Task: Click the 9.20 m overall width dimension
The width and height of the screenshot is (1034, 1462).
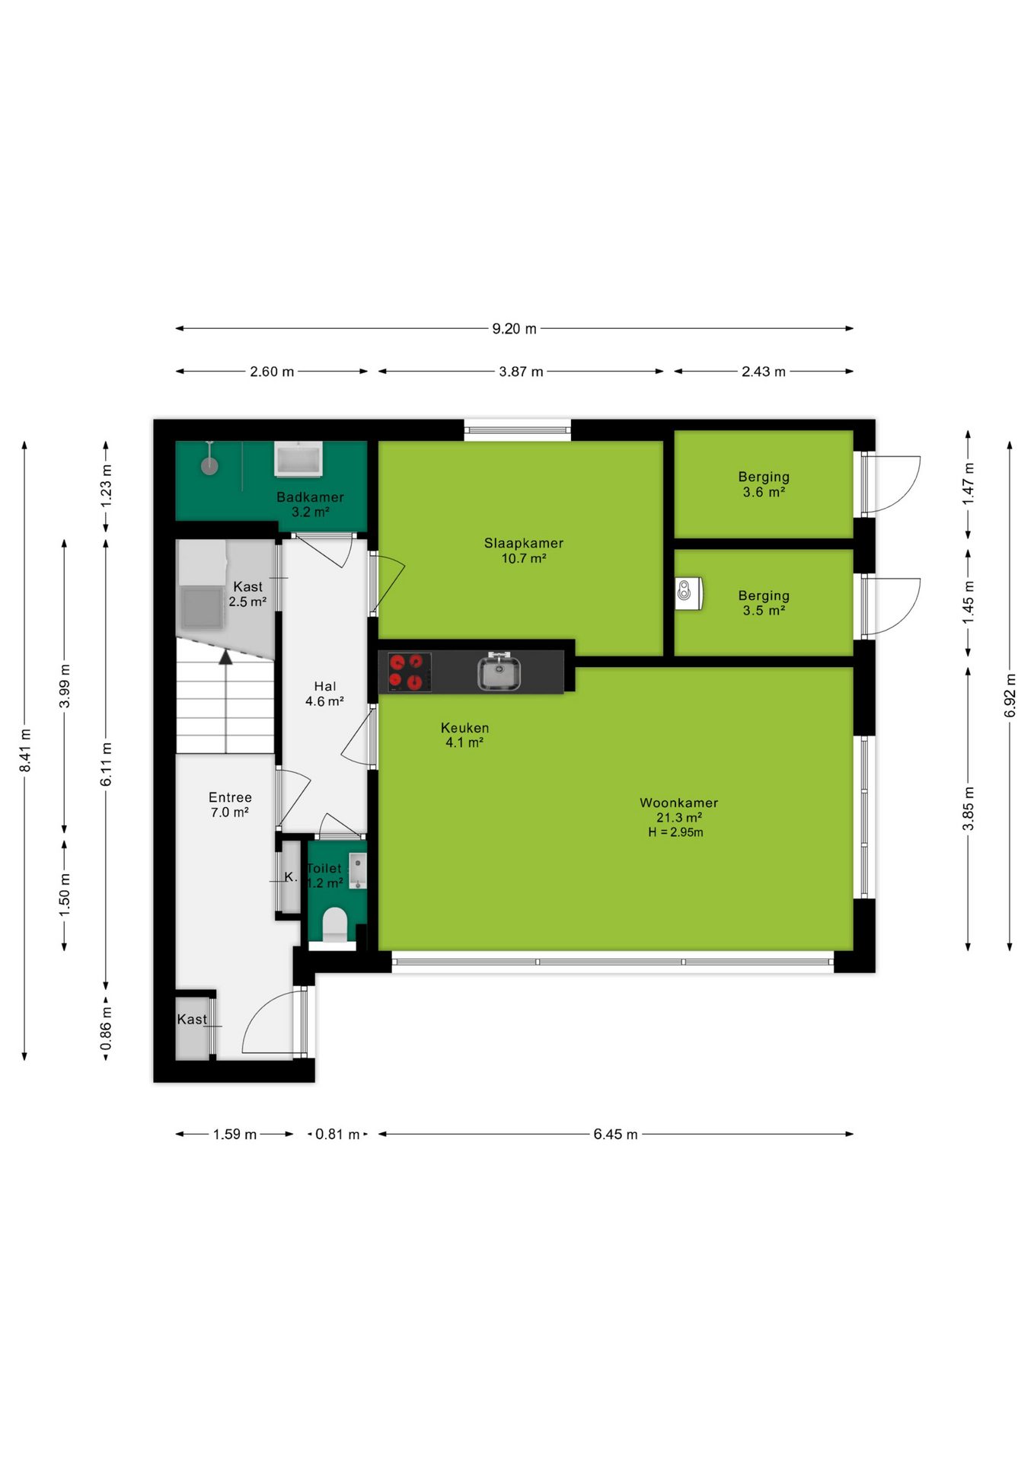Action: [514, 329]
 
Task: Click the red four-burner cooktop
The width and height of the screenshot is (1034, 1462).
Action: [405, 672]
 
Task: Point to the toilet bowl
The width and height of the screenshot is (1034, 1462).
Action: [335, 924]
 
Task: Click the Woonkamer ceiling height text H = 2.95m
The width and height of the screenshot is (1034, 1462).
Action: [675, 832]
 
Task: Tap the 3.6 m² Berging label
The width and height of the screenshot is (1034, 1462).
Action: [764, 484]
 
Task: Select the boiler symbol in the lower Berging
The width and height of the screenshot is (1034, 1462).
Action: [687, 593]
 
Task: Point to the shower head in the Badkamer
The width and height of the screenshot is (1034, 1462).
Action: [209, 465]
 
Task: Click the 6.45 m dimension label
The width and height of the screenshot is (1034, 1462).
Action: [615, 1134]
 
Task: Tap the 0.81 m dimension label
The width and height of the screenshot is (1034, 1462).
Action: [337, 1134]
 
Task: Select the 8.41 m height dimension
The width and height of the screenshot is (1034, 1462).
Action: [25, 750]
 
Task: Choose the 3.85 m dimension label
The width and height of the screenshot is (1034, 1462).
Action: [968, 809]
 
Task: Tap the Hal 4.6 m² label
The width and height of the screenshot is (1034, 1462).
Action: [324, 694]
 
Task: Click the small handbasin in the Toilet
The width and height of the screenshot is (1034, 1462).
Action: [358, 871]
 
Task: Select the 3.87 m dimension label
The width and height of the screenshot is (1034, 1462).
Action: [521, 372]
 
